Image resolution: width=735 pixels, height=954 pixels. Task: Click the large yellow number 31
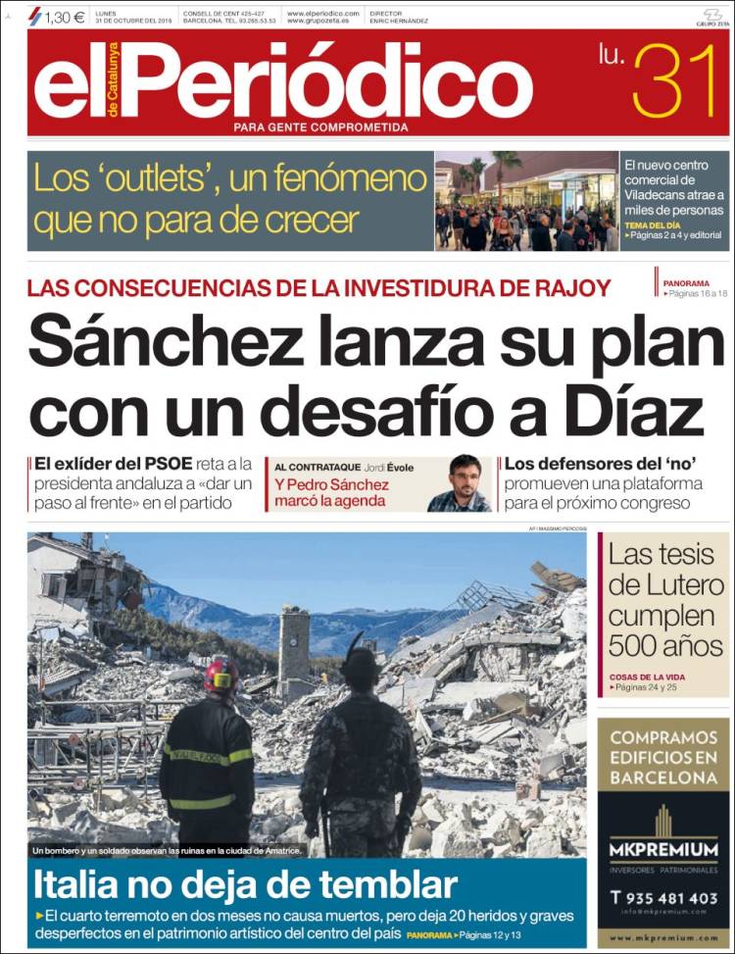pyautogui.click(x=676, y=82)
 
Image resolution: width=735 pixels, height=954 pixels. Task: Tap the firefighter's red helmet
pyautogui.click(x=220, y=676)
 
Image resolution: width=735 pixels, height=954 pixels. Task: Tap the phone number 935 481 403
pyautogui.click(x=671, y=896)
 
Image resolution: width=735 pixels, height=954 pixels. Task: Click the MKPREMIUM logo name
pyautogui.click(x=663, y=849)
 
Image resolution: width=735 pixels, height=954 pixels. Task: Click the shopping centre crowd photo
pyautogui.click(x=526, y=201)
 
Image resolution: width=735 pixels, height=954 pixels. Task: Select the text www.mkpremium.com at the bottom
pyautogui.click(x=663, y=938)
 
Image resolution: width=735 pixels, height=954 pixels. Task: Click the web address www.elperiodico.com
pyautogui.click(x=323, y=13)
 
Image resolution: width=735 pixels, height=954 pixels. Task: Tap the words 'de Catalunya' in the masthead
pyautogui.click(x=114, y=81)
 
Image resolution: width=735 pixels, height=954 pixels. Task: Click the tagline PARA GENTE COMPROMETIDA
pyautogui.click(x=320, y=126)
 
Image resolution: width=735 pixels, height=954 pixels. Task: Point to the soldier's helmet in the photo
pyautogui.click(x=361, y=666)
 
